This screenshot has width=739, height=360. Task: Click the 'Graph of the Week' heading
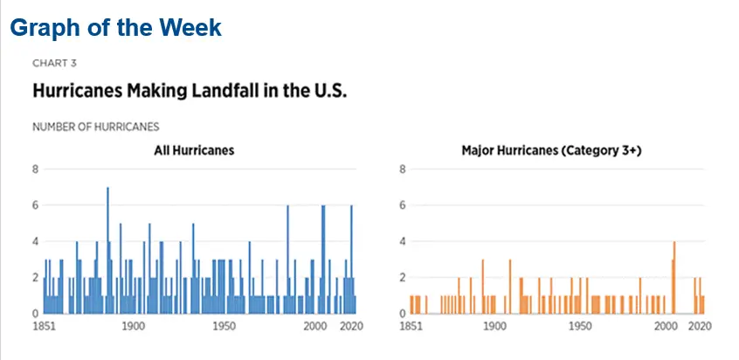pos(116,27)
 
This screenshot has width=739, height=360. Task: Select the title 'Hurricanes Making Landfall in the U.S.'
pos(190,91)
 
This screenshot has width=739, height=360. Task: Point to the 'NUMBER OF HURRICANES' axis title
pos(95,127)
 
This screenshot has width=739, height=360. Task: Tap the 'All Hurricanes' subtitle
pos(194,150)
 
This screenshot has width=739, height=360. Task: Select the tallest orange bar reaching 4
pos(674,277)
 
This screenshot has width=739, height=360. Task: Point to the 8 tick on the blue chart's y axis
pos(35,169)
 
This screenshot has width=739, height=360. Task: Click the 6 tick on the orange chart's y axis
pos(403,204)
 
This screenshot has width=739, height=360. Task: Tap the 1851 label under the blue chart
pos(44,326)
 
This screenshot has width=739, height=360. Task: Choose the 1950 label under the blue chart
pos(224,326)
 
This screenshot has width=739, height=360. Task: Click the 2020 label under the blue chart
pos(350,326)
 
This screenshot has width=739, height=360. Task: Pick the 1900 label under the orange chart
pos(496,326)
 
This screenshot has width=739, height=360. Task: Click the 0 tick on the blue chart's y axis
pos(35,313)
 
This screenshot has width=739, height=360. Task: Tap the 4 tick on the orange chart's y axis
pos(403,241)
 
